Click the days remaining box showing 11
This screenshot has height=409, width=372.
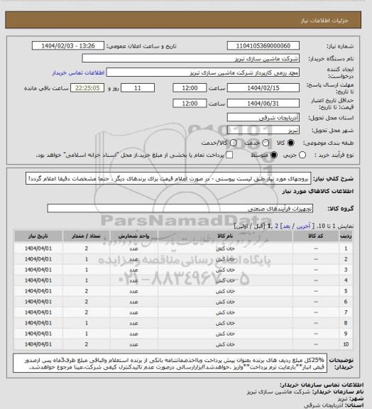[x=148, y=88]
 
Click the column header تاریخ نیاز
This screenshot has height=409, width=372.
[x=36, y=234]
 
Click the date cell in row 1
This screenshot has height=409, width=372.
[x=36, y=248]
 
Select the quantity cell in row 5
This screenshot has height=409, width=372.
[x=86, y=290]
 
